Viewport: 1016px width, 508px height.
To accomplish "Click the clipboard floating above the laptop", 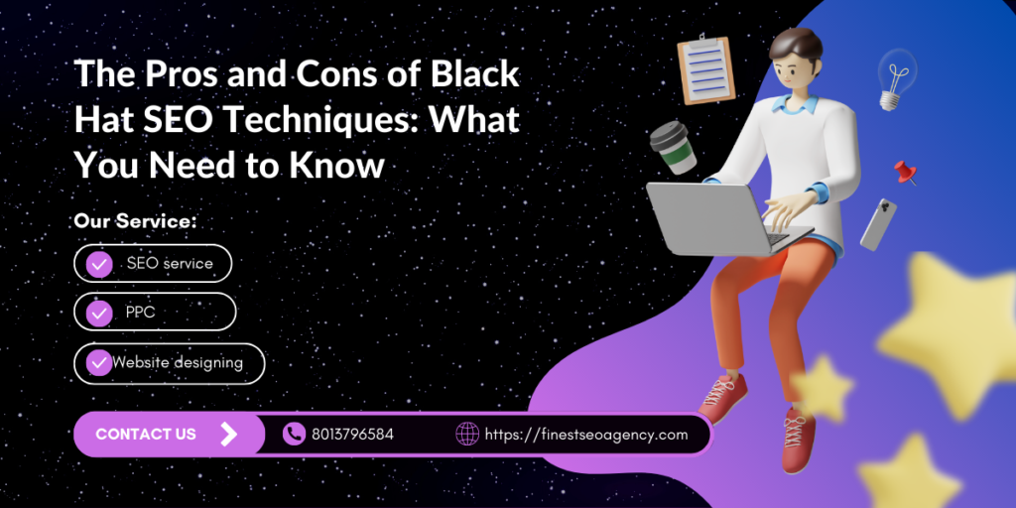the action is pos(705,70).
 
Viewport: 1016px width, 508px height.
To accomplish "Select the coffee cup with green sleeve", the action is pos(674,147).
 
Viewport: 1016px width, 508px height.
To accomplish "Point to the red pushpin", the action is pos(906,173).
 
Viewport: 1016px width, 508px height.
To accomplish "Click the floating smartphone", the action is pos(878,224).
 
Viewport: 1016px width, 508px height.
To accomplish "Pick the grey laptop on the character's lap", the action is pos(723,217).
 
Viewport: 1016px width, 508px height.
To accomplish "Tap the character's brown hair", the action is pos(795,49).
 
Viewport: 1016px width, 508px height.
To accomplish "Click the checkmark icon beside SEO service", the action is pos(99,264).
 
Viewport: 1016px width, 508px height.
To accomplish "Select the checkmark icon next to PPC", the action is pos(99,313).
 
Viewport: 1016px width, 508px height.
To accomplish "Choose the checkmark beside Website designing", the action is pos(99,363).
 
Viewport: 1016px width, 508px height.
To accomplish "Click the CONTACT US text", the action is pos(146,435).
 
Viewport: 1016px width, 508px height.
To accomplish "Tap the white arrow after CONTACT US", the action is pos(229,435).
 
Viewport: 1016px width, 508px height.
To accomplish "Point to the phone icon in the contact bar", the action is pos(294,435).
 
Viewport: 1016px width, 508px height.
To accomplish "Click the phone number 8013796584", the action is pos(352,435).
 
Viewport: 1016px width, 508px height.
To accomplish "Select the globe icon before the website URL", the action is pos(467,435).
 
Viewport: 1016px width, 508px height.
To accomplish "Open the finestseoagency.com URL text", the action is pos(586,435).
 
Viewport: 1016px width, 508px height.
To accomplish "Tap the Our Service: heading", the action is pos(135,221).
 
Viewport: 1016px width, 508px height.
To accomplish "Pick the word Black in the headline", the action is pos(477,73).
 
